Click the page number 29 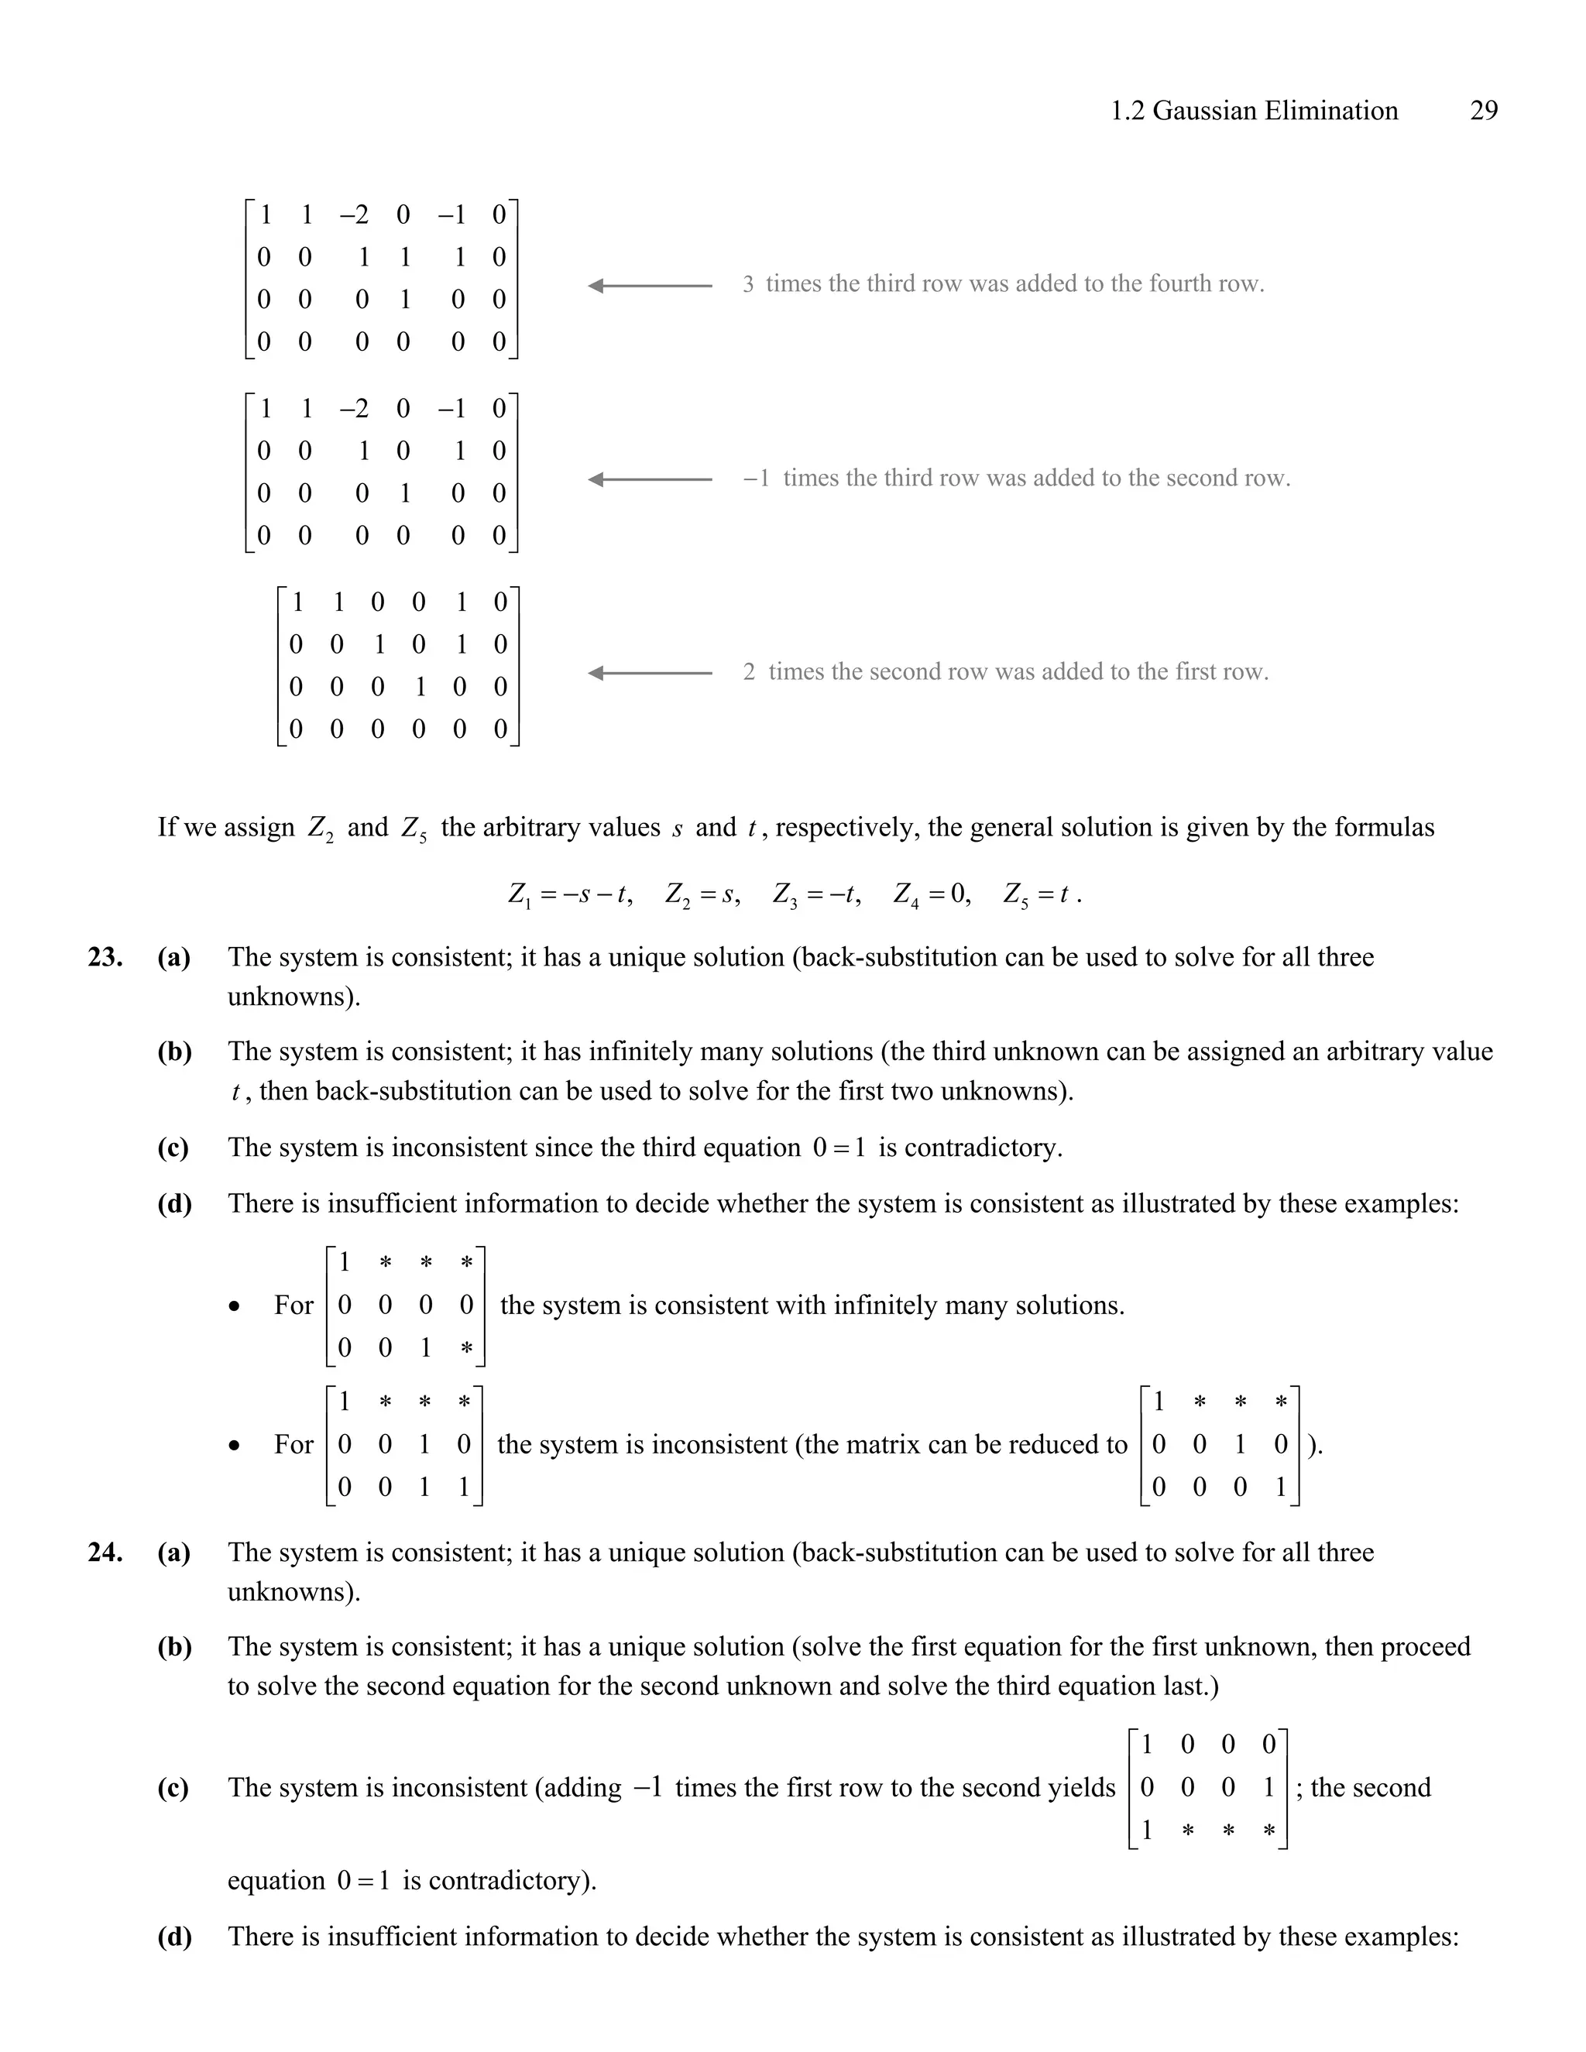click(x=1483, y=111)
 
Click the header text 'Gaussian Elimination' click(x=1275, y=111)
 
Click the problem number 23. click(x=105, y=957)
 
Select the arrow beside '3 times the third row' click(x=651, y=286)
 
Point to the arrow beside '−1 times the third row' click(x=651, y=479)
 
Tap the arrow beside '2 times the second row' click(x=651, y=673)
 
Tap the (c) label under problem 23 click(x=173, y=1148)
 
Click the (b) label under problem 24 click(x=173, y=1646)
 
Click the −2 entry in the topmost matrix click(x=354, y=215)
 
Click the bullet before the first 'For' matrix click(x=234, y=1307)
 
